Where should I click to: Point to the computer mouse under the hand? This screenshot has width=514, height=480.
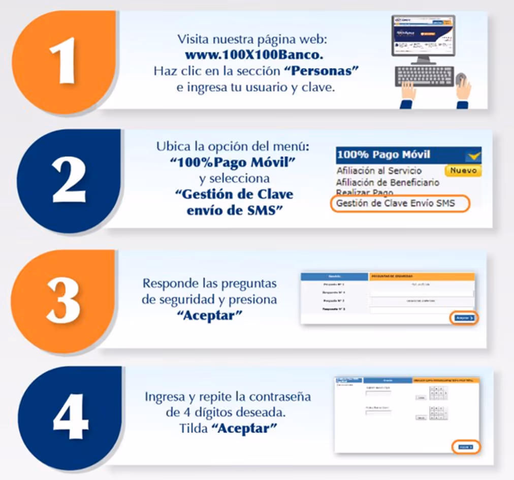461,80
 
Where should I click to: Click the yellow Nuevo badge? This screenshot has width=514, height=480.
463,171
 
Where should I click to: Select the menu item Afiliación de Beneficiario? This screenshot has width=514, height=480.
388,182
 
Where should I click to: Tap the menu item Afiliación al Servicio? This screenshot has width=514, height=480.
379,171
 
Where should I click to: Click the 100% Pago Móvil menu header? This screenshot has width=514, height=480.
383,155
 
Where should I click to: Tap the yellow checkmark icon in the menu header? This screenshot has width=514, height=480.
473,155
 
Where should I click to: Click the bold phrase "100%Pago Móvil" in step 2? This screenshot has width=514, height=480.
234,162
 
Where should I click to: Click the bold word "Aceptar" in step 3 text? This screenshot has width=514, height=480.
209,315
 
